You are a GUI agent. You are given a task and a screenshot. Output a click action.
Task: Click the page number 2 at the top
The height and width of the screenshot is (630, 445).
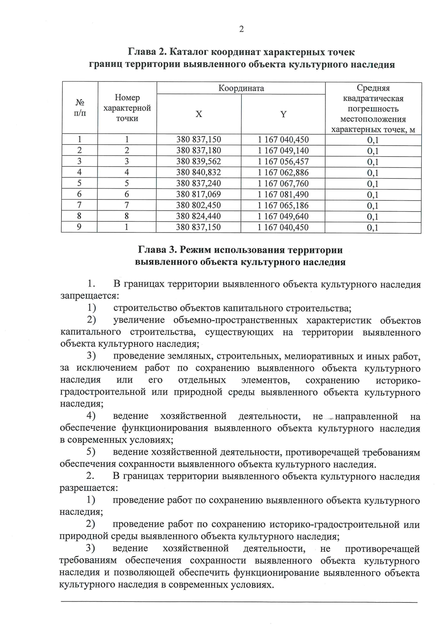tap(241, 29)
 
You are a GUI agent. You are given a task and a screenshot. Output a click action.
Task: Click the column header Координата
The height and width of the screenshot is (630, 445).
tap(241, 88)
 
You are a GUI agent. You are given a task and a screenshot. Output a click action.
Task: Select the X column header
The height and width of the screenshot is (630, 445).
tap(199, 114)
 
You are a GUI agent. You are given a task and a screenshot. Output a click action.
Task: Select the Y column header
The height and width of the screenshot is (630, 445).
tap(283, 114)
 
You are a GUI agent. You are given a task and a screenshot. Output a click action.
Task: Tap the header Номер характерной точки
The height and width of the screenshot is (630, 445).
tap(127, 108)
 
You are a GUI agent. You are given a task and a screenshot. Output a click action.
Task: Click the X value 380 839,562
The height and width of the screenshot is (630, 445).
tap(199, 161)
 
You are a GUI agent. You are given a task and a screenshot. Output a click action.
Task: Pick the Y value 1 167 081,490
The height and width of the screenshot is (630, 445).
tap(283, 195)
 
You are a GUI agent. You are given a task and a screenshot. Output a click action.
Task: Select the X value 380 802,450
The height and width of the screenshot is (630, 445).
tap(199, 205)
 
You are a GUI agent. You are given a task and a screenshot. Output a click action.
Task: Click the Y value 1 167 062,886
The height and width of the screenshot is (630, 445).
tap(283, 173)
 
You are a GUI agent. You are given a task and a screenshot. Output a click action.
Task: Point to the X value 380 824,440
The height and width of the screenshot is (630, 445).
tap(199, 216)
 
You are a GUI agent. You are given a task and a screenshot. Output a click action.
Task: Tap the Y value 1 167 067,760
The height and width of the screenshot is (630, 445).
tap(283, 183)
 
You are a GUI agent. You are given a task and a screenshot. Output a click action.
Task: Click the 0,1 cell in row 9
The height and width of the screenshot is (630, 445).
tap(373, 228)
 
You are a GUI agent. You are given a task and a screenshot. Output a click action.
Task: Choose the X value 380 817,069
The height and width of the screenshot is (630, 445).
tap(199, 195)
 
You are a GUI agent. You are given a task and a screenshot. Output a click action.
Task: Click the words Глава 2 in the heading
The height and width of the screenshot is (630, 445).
tap(146, 52)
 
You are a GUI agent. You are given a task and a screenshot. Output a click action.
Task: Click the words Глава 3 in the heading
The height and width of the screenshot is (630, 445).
tap(157, 250)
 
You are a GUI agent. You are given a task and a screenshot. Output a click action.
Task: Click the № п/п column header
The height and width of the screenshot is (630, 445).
tap(80, 108)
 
